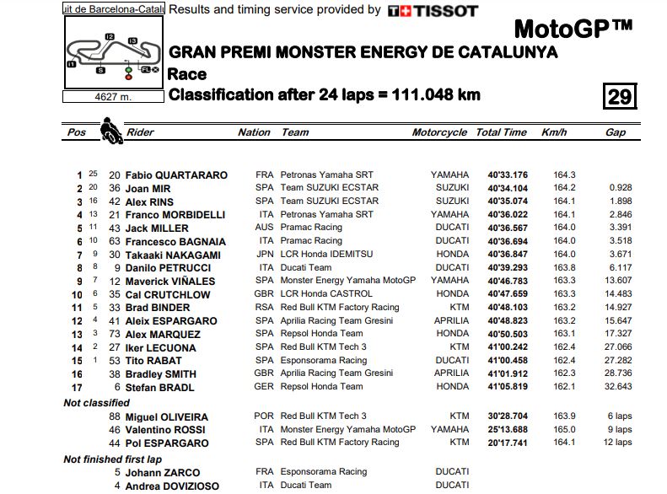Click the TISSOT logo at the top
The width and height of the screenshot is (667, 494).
point(432,11)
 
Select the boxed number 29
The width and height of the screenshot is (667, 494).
point(619,96)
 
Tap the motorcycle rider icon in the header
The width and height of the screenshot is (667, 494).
point(110,131)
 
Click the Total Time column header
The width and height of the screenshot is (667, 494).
point(501,132)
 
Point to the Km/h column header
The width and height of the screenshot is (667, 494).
point(553,132)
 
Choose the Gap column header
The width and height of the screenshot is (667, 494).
point(615,132)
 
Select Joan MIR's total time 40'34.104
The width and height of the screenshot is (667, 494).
point(507,188)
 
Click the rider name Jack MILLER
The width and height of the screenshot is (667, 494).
point(156,228)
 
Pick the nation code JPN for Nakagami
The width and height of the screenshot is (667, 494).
point(265,255)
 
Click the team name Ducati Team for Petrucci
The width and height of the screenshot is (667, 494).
point(306,268)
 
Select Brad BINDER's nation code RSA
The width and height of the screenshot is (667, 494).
point(265,308)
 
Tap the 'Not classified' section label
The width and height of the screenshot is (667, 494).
point(96,403)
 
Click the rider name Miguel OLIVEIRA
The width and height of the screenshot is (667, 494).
point(166,416)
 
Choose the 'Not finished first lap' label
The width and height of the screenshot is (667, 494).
point(113,459)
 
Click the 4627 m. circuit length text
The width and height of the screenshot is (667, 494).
point(113,96)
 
